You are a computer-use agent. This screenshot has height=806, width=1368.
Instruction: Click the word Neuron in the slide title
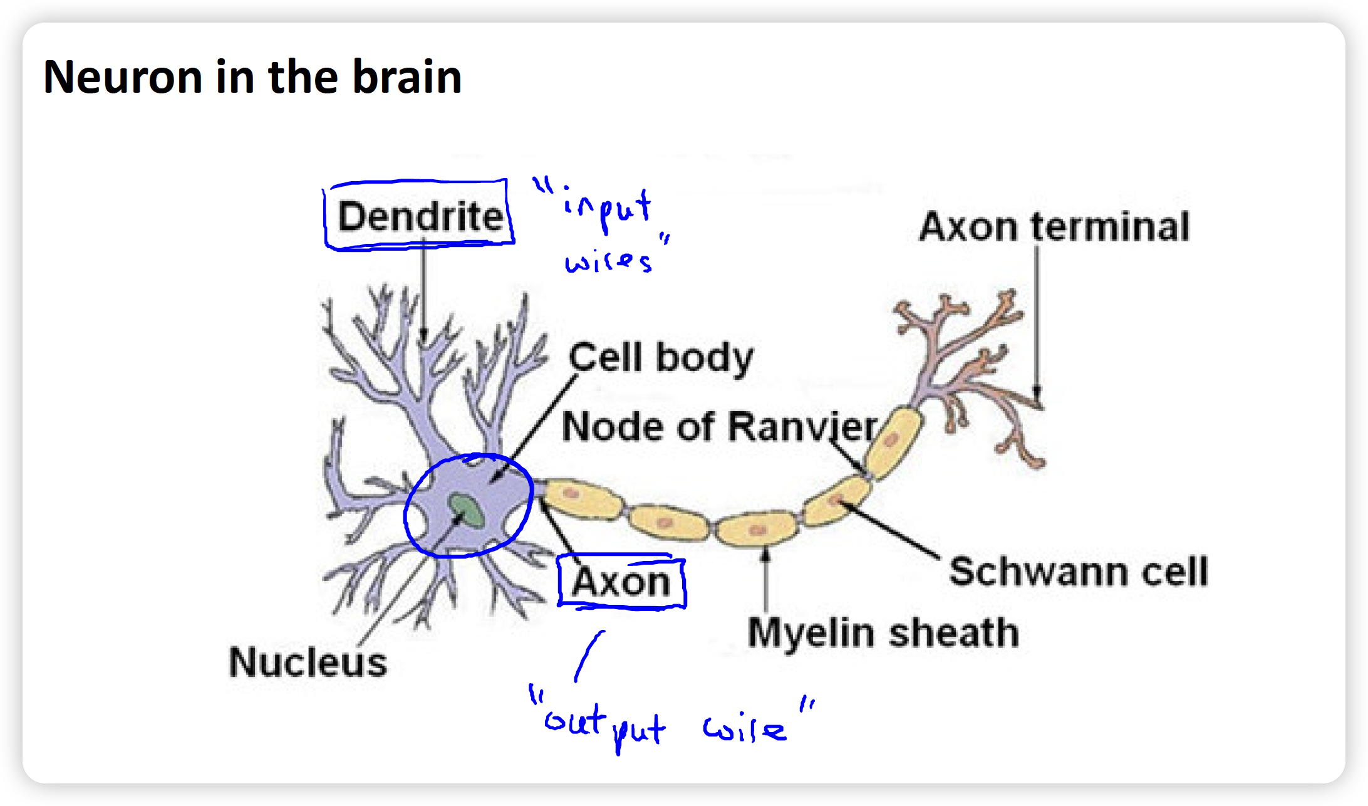pos(123,77)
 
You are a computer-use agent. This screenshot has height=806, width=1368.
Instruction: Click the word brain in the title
pos(407,77)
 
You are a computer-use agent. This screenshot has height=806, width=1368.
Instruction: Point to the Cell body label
pos(661,358)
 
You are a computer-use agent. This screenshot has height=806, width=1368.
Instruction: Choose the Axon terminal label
pos(1054,226)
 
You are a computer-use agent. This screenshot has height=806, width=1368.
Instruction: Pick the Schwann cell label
pos(1078,571)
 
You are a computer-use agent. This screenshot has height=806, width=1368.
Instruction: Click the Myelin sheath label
pos(883,632)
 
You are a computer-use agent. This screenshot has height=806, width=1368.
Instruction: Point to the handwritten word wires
pos(608,262)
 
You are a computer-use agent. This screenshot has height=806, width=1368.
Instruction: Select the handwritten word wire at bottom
pos(744,728)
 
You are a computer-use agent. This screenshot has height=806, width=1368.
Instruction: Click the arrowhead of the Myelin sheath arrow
pos(765,553)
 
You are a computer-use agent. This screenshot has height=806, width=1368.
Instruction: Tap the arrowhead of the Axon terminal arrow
pos(1037,395)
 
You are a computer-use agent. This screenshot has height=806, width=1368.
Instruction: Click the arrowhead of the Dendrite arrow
pos(423,338)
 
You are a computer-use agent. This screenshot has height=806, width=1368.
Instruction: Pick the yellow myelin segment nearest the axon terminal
pos(894,442)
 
